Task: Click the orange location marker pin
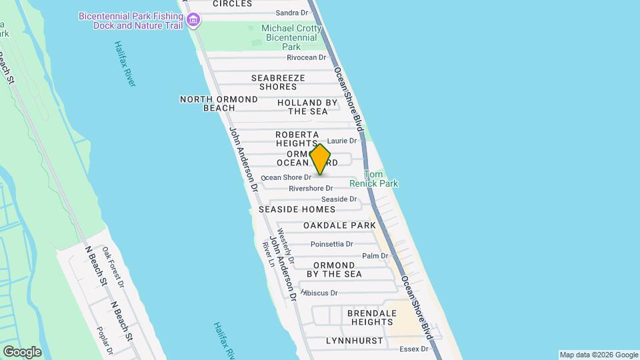[321, 160]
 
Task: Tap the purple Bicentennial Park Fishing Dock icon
[193, 19]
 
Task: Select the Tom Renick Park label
[381, 179]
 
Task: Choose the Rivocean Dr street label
[306, 57]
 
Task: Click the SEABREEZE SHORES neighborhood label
[278, 82]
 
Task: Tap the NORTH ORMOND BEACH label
[219, 103]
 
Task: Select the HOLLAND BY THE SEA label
[307, 107]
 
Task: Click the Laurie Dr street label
[343, 141]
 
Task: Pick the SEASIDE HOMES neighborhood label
[297, 209]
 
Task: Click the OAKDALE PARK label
[339, 226]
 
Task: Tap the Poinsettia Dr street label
[333, 245]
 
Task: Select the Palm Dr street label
[375, 256]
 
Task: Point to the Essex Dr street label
[413, 349]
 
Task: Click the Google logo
[22, 352]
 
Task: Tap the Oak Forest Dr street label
[113, 267]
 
